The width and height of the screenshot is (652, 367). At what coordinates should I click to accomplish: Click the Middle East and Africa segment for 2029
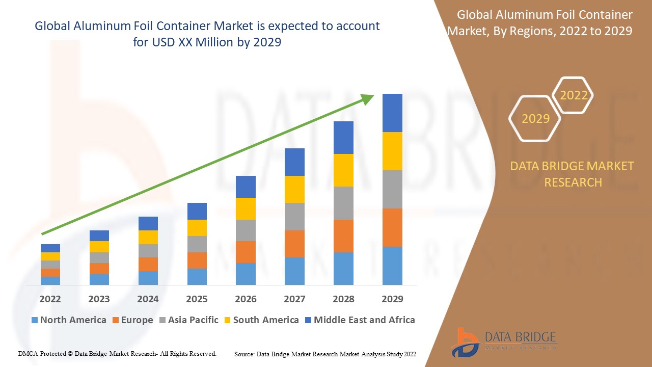click(x=392, y=113)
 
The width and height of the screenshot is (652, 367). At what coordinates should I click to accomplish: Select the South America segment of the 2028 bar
click(x=343, y=170)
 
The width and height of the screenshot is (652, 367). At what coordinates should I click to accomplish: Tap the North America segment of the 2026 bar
click(x=246, y=274)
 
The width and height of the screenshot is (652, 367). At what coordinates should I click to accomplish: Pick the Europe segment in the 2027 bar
click(x=294, y=244)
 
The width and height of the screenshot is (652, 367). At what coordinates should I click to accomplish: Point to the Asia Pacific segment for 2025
click(x=197, y=244)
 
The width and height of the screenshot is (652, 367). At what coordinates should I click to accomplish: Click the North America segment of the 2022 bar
click(x=50, y=280)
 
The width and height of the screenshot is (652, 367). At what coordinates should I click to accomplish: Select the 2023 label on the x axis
click(x=99, y=299)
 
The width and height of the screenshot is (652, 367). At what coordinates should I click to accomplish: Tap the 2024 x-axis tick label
click(x=148, y=299)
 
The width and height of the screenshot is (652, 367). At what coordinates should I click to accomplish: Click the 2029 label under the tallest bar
click(x=392, y=299)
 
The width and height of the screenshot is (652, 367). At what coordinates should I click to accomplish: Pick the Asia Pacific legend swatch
click(x=163, y=320)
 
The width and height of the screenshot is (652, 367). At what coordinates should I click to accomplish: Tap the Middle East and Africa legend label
click(x=364, y=320)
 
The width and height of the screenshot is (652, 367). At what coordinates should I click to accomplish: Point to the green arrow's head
click(x=368, y=98)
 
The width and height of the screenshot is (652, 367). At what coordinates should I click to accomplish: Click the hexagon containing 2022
click(x=574, y=95)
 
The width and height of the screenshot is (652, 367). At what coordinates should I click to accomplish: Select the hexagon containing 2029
click(x=535, y=119)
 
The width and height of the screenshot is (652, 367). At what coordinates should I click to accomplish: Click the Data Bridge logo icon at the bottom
click(x=465, y=342)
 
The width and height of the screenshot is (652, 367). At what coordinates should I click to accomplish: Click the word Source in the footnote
click(x=244, y=354)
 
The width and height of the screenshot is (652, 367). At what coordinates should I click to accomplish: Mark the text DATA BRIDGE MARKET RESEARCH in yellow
click(x=573, y=174)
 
